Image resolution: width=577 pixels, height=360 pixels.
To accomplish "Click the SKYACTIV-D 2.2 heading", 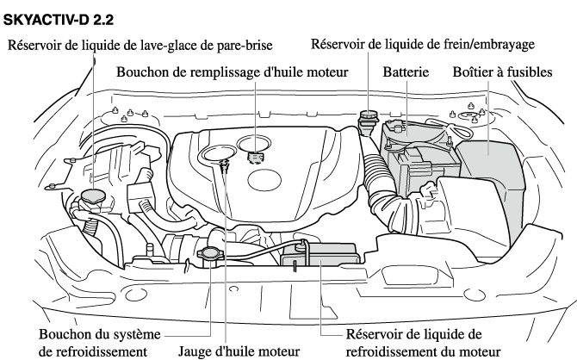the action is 59,20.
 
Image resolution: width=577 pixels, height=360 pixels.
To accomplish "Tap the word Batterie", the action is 406,71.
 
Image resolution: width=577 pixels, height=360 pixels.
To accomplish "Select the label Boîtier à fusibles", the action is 502,71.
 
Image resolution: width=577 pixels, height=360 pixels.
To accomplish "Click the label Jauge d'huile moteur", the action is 239,351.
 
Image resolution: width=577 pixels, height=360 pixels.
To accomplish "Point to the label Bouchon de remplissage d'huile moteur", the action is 233,71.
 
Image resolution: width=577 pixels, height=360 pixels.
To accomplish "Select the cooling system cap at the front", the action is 210,254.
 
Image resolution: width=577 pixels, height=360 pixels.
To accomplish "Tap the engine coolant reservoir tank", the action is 320,254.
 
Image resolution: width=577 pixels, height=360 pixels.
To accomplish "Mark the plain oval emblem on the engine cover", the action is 264,180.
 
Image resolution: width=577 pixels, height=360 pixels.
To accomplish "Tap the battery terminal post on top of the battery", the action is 397,128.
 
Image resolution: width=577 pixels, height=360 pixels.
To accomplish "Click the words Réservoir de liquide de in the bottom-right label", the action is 413,334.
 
